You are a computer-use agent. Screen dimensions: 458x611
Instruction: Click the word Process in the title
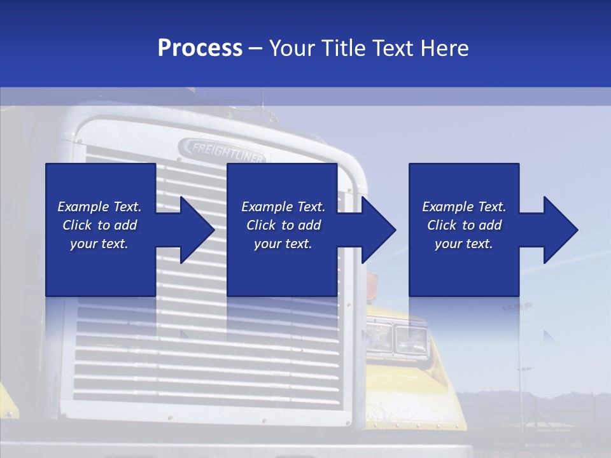pyautogui.click(x=200, y=48)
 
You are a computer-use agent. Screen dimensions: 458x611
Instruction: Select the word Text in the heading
pyautogui.click(x=393, y=48)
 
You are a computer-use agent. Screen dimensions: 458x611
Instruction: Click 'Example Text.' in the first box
pyautogui.click(x=99, y=207)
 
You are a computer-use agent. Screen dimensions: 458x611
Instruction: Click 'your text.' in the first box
pyautogui.click(x=99, y=244)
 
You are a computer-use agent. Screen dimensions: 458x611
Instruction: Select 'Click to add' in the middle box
pyautogui.click(x=283, y=225)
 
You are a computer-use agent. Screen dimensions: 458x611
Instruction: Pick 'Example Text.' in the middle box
pyautogui.click(x=283, y=207)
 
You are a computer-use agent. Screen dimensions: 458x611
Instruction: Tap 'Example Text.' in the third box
pyautogui.click(x=464, y=207)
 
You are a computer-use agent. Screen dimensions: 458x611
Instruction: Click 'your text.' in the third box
pyautogui.click(x=464, y=244)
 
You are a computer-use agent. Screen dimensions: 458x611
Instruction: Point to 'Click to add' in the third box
pyautogui.click(x=464, y=225)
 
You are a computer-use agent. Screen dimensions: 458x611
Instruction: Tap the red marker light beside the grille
pyautogui.click(x=372, y=281)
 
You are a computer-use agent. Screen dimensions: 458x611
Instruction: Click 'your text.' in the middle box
pyautogui.click(x=283, y=244)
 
